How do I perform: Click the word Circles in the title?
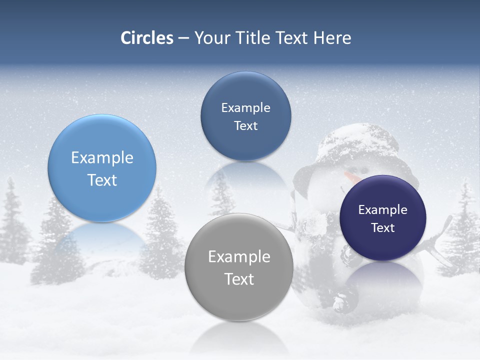[147, 38]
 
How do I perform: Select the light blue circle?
[102, 168]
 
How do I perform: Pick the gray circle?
[239, 267]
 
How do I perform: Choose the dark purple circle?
[383, 218]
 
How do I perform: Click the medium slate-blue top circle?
[245, 116]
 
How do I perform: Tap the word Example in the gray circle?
[239, 256]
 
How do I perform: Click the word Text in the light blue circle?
[102, 180]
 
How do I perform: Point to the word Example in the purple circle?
[383, 209]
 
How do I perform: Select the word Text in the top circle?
[245, 125]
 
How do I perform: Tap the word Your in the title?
[209, 38]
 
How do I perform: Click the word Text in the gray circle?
[239, 279]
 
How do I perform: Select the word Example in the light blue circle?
[102, 157]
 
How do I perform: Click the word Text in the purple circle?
[383, 228]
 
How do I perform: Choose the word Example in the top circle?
[245, 107]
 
